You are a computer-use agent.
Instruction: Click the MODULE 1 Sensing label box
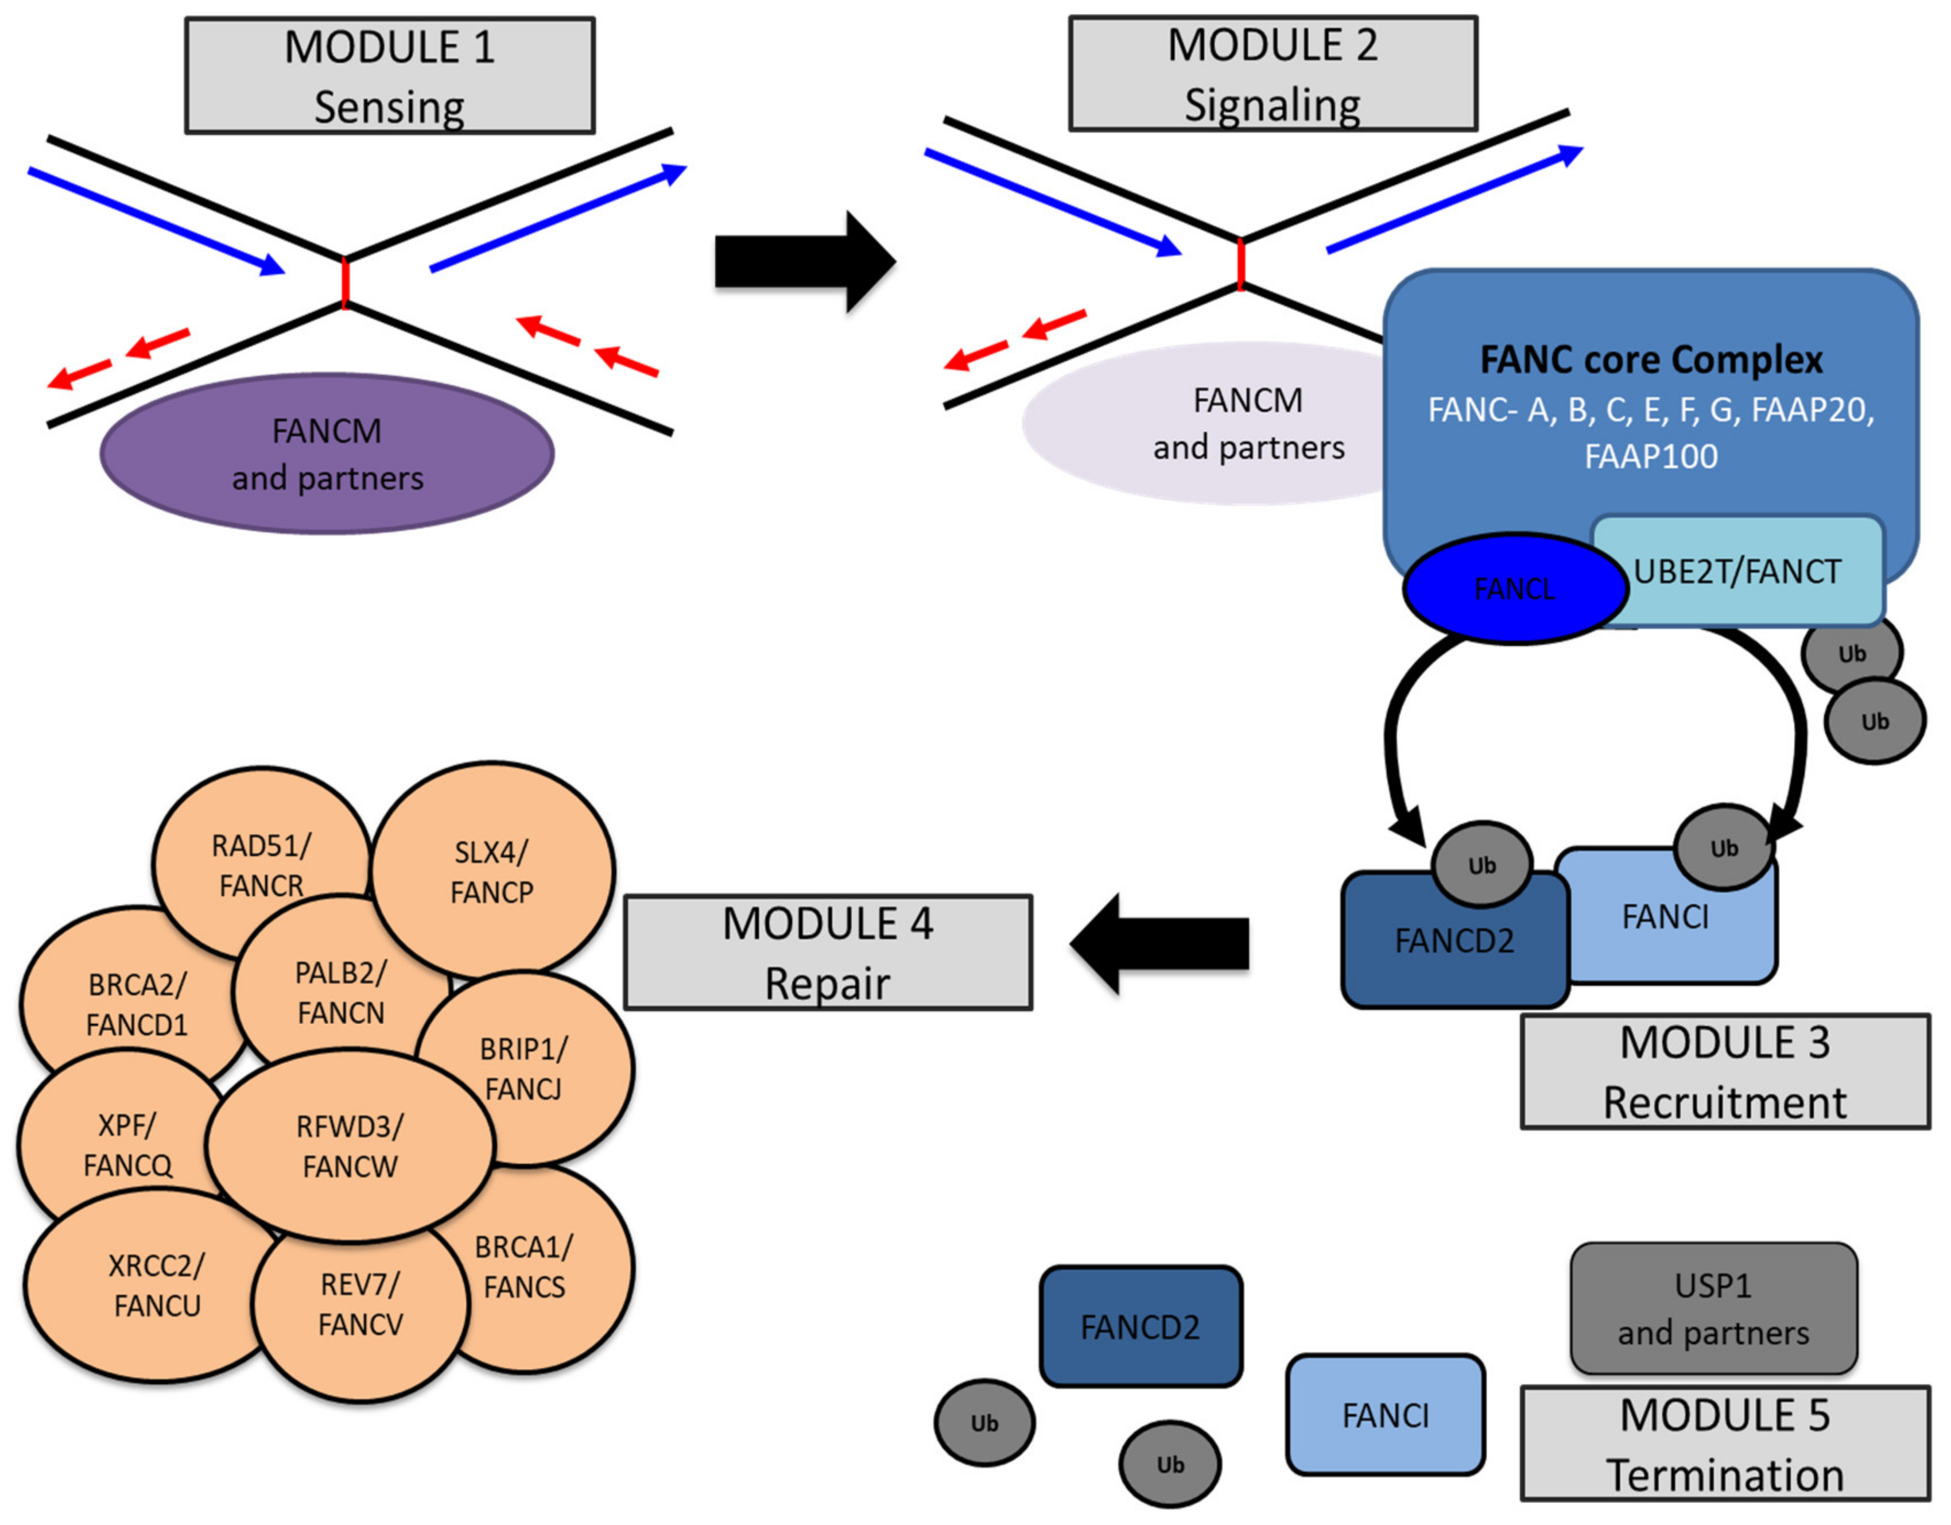[x=390, y=76]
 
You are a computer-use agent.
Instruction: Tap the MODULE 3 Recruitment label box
[x=1724, y=1071]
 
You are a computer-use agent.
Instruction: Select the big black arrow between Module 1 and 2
[x=804, y=262]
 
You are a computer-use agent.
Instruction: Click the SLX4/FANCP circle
[x=492, y=871]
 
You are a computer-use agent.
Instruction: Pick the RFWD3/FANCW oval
[x=350, y=1145]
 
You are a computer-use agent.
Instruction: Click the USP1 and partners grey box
[x=1713, y=1309]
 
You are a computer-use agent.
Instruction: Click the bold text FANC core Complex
[x=1651, y=360]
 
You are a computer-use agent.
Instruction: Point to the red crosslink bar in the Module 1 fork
[x=345, y=282]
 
